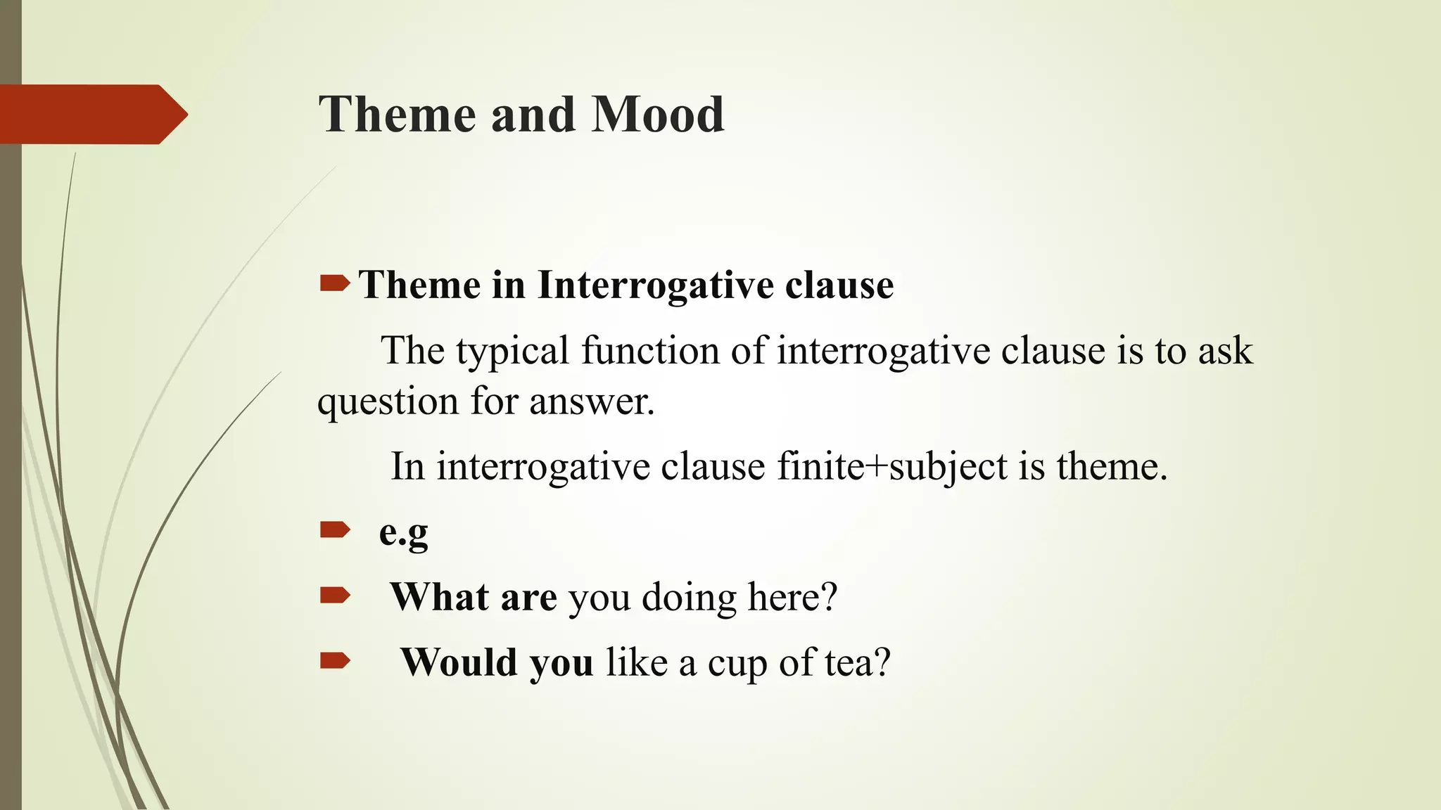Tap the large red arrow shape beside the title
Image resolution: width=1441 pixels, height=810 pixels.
91,115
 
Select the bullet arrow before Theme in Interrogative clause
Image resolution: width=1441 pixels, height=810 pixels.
334,283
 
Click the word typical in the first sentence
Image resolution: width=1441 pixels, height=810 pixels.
512,352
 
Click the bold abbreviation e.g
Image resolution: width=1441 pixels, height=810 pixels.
403,532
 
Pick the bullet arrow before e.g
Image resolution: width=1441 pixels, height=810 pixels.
334,529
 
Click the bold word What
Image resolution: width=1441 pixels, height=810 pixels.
440,597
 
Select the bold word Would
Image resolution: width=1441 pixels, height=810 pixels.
458,662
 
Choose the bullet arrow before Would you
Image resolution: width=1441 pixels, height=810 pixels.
334,660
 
